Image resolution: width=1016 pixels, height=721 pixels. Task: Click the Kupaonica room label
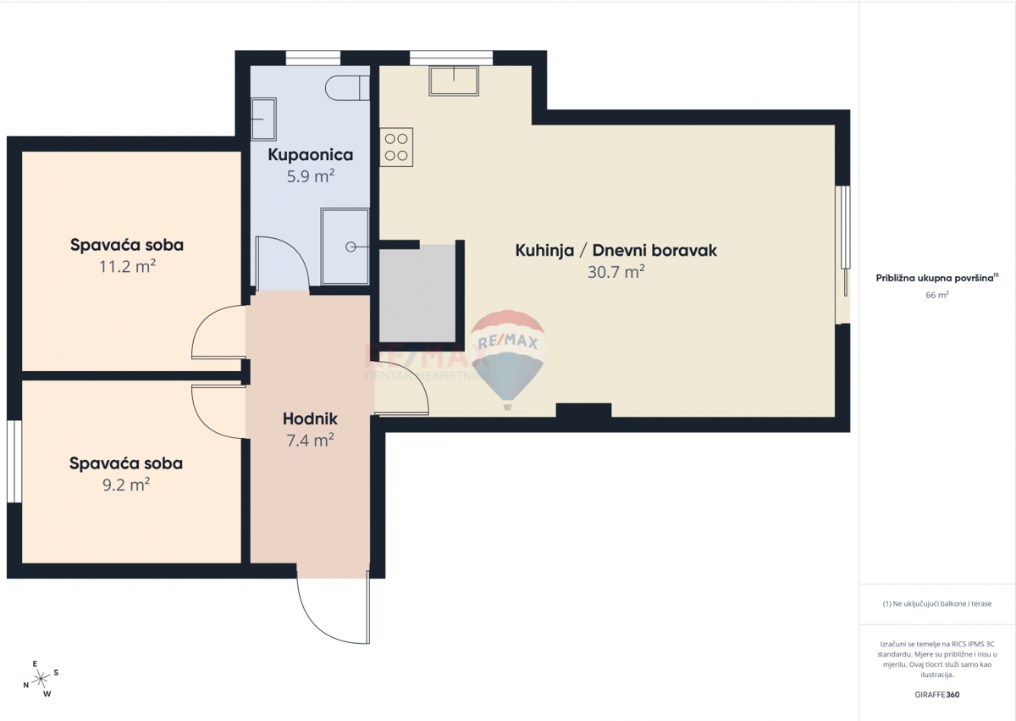click(x=311, y=155)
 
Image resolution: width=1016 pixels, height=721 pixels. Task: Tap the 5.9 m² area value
click(x=311, y=176)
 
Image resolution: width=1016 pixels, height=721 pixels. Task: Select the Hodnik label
click(x=310, y=419)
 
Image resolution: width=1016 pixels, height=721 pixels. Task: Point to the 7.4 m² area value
click(x=310, y=440)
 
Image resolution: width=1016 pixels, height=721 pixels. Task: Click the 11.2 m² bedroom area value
click(x=127, y=267)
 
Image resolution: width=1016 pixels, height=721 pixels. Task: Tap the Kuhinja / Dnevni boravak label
click(x=616, y=251)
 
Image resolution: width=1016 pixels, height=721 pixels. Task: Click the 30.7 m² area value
click(x=616, y=272)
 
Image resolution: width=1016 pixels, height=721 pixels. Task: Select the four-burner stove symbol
click(x=395, y=147)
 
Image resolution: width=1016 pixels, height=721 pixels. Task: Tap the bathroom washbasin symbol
click(x=263, y=119)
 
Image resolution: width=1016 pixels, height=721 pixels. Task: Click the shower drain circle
click(x=351, y=247)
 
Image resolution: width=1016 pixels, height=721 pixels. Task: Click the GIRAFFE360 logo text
click(x=936, y=695)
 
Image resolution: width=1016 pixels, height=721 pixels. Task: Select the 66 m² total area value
click(x=937, y=295)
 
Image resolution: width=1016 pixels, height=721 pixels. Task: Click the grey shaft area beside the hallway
click(x=417, y=292)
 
